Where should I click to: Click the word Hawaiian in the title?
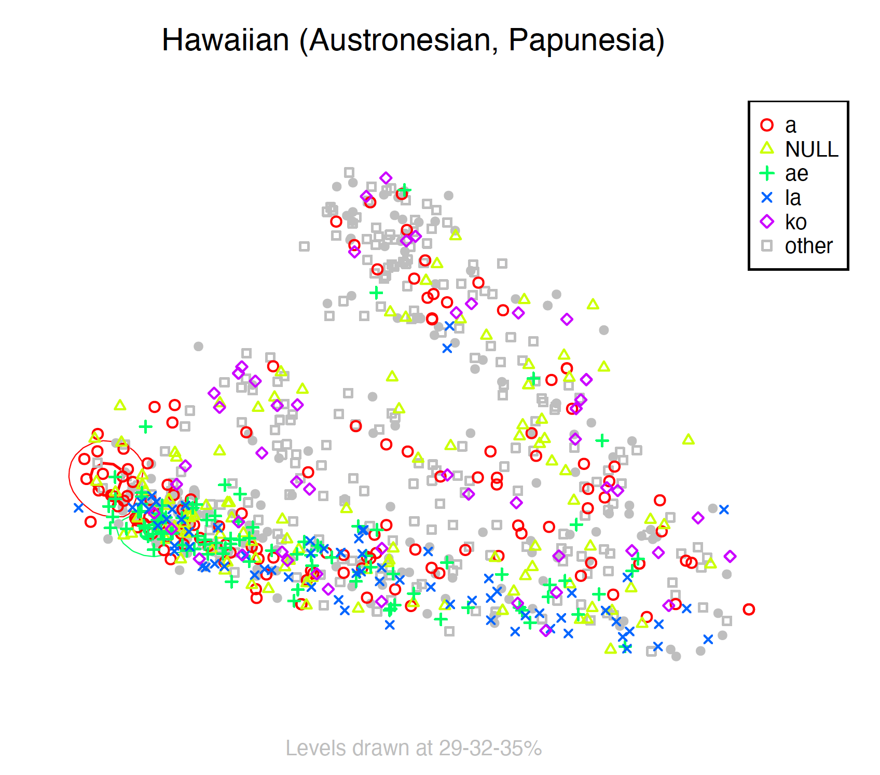point(226,40)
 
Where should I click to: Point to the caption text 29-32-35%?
point(490,748)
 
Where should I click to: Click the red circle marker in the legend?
point(767,125)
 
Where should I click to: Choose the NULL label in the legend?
point(812,149)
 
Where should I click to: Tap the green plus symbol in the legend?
point(767,173)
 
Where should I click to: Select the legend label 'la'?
point(793,198)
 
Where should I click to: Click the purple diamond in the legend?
point(767,222)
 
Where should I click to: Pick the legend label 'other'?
point(808,246)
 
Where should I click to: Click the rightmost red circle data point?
point(748,610)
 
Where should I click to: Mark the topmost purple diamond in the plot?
point(386,178)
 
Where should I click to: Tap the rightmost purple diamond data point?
point(730,557)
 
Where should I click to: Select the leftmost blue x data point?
point(78,508)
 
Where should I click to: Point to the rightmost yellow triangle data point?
point(710,563)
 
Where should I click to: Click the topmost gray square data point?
point(349,172)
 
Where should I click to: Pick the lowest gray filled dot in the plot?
point(676,657)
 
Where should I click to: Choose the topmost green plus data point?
point(405,190)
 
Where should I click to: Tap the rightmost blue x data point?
point(724,509)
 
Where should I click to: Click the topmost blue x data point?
point(450,326)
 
